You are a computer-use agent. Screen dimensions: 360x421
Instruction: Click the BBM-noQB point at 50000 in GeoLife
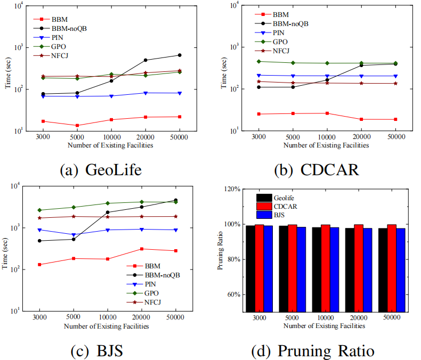[180, 55]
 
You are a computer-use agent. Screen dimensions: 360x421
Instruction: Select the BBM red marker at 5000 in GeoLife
[77, 126]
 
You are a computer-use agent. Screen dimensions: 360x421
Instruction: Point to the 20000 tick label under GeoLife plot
[145, 137]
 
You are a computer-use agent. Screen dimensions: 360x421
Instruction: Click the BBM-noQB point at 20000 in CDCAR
[361, 65]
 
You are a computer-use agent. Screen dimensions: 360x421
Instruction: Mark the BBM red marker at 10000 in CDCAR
[327, 113]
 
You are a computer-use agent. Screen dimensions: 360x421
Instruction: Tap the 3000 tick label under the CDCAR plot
[258, 137]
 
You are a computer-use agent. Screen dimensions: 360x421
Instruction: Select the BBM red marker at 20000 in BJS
[142, 249]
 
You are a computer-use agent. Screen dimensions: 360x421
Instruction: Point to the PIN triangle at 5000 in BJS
[74, 235]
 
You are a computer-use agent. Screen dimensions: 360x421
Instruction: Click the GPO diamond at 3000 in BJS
[39, 210]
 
